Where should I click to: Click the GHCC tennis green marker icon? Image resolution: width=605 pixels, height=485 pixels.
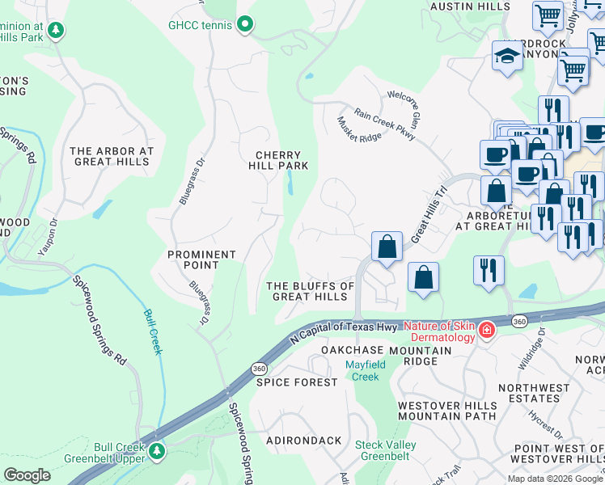pos(245,25)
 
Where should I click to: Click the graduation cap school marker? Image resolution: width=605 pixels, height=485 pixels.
pos(507,57)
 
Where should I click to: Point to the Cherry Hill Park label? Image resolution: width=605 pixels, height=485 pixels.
pos(278,160)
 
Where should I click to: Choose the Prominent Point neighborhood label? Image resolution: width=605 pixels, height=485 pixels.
pos(201,259)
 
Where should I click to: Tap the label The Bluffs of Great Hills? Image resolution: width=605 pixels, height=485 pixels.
pos(311,291)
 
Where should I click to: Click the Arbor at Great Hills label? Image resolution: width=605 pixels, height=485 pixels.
pos(111,156)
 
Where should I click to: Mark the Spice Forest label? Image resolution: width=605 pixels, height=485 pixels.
pos(296,382)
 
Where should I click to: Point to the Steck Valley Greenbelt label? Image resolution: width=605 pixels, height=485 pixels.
pos(386,450)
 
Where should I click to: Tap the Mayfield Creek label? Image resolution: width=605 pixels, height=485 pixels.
pos(362,371)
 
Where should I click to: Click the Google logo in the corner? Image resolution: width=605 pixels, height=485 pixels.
pos(27,474)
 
